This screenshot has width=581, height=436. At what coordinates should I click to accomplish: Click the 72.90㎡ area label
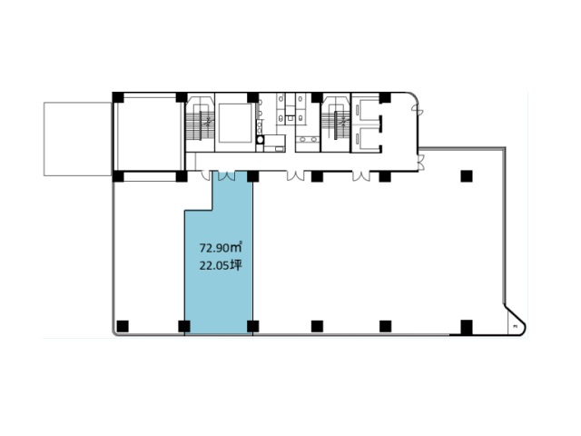[221, 247]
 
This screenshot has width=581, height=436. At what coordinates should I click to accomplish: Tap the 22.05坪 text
[221, 265]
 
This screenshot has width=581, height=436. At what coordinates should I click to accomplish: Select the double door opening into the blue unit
[226, 176]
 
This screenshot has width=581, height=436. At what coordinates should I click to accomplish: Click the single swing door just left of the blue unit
[206, 175]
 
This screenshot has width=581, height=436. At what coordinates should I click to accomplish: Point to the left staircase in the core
[200, 123]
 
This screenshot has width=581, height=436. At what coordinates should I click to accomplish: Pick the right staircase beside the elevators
[335, 123]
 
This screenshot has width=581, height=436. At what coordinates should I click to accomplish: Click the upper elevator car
[366, 109]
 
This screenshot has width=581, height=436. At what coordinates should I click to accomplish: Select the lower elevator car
[366, 138]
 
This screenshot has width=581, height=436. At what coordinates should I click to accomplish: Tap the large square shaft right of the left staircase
[235, 124]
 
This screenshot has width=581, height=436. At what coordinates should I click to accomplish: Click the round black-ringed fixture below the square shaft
[261, 140]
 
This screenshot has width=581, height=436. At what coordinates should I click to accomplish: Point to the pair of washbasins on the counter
[308, 140]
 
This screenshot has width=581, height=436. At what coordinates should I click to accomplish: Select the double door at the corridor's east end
[420, 162]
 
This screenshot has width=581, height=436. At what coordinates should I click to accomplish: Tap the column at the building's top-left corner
[118, 97]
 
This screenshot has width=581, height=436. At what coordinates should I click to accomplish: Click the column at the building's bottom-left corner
[123, 326]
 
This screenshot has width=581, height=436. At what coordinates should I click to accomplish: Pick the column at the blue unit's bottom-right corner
[252, 326]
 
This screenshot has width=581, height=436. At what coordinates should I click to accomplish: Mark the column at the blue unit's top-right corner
[252, 176]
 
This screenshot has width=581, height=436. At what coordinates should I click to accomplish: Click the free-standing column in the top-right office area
[467, 176]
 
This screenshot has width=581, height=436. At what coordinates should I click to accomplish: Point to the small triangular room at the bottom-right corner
[515, 322]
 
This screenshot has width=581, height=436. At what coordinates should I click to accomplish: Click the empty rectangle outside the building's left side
[77, 139]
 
